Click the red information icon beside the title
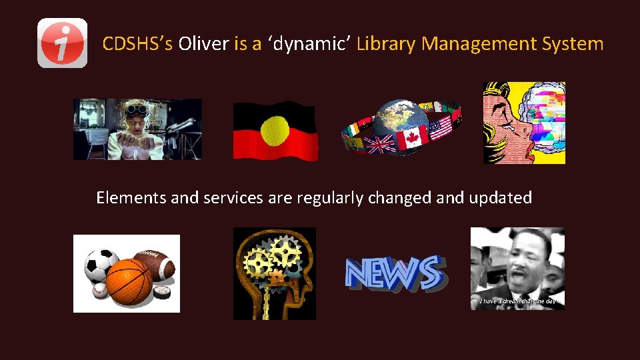point(62,43)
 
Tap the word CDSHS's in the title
point(137,44)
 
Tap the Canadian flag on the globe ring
point(411,138)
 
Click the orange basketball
point(129,280)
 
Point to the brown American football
point(155,263)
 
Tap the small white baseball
point(98,291)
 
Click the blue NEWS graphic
point(393,273)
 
